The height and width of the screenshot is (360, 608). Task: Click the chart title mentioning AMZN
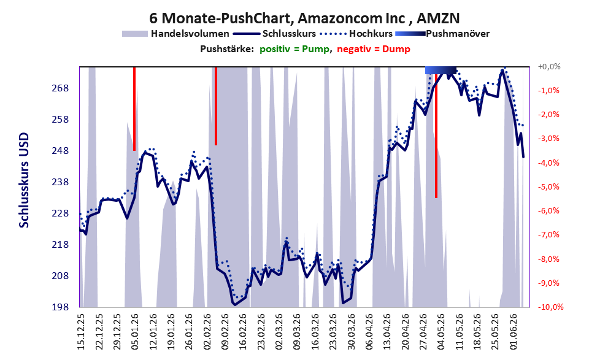304,18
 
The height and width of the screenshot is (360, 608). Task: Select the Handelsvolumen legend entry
175,34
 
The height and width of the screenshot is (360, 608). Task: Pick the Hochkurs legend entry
356,34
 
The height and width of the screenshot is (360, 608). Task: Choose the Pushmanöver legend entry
442,34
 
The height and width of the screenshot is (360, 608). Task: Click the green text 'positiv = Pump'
294,49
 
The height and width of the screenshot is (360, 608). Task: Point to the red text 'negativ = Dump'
374,49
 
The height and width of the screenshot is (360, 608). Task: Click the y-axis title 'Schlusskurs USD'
24,180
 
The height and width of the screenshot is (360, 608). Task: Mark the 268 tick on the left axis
60,88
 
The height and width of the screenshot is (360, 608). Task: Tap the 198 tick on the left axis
60,307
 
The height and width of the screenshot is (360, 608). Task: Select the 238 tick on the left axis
60,182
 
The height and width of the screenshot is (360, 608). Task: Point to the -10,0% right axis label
550,307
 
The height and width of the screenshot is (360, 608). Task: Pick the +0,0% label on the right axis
549,67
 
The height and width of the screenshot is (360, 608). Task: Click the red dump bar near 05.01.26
134,109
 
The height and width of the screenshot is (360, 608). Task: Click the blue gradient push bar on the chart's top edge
441,70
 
